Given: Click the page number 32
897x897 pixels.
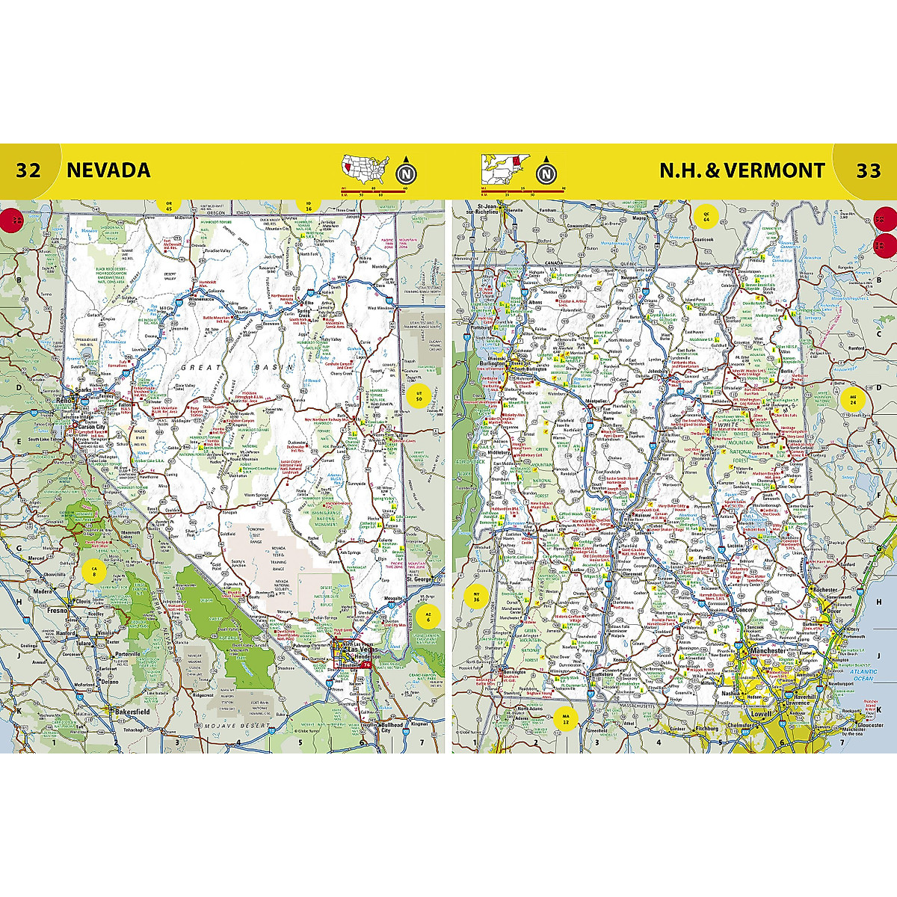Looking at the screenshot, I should (x=28, y=170).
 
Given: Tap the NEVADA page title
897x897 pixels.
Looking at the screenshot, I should (x=108, y=170).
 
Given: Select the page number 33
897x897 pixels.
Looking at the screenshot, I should (x=868, y=170).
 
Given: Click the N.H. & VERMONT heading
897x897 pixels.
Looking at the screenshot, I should (x=742, y=170).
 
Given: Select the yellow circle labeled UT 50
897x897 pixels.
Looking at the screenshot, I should (x=419, y=395).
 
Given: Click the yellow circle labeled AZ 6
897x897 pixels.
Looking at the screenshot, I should (x=428, y=617).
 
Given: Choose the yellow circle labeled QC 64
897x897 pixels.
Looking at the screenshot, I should (x=705, y=217).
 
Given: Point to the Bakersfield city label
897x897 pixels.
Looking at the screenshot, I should (x=132, y=712).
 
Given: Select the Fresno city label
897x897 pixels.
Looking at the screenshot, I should (x=57, y=610).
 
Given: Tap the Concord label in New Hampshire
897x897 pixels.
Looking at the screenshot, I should (x=746, y=610).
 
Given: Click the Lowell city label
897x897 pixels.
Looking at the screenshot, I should (x=761, y=714).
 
